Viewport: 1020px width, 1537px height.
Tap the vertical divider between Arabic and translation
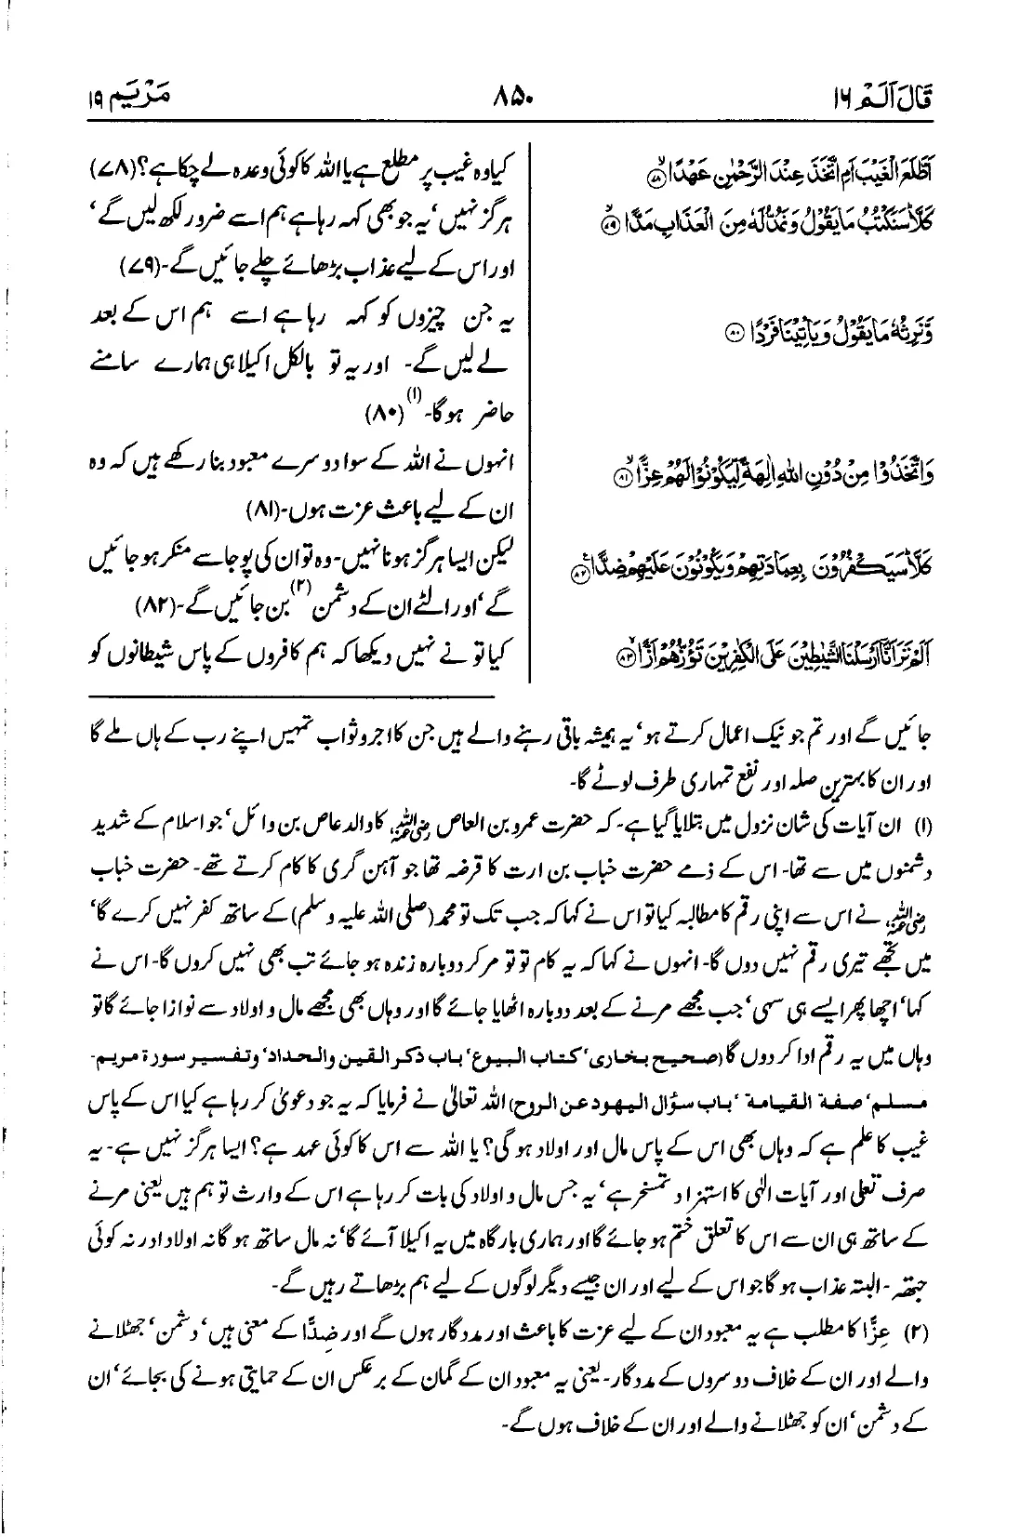(x=530, y=409)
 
